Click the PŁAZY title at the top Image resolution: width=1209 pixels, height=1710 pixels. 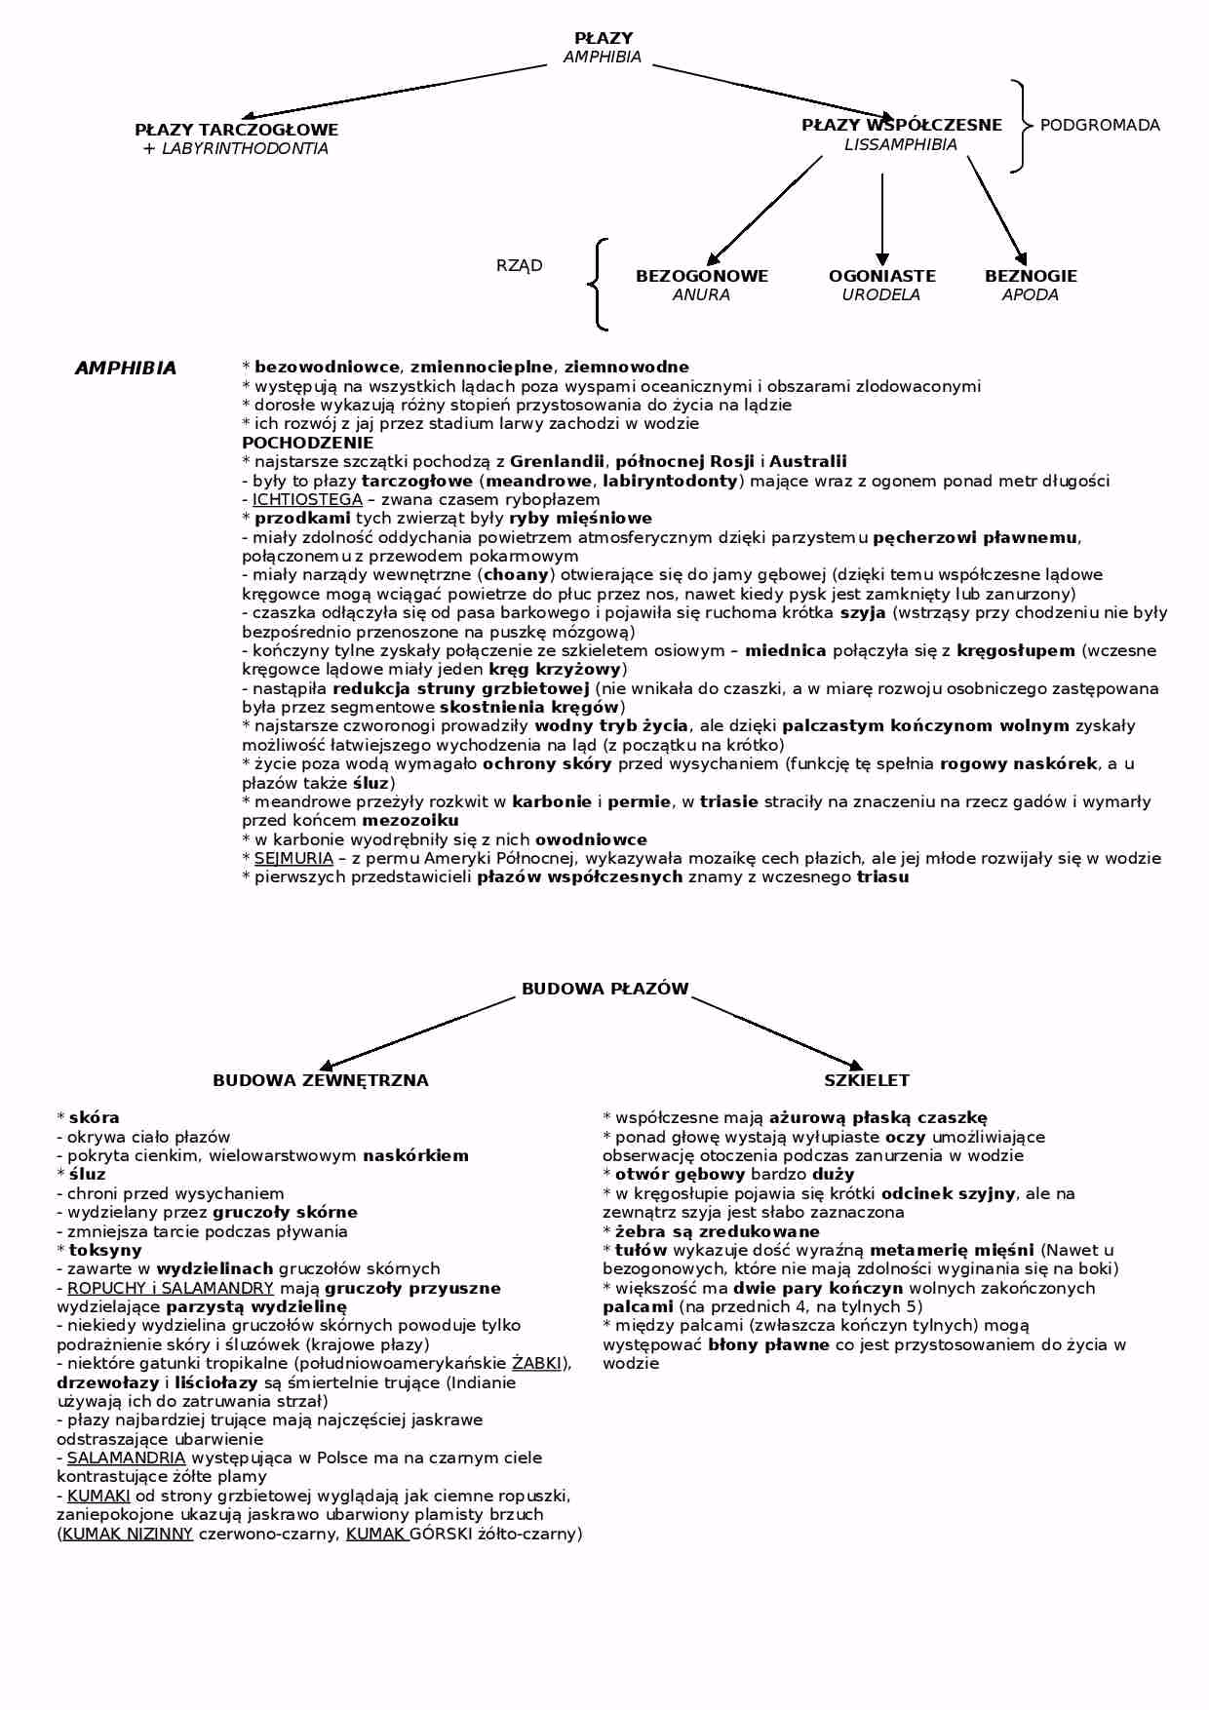pos(604,38)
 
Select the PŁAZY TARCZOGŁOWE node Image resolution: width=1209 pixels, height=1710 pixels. pos(236,130)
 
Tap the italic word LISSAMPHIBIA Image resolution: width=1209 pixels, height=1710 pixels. pos(900,145)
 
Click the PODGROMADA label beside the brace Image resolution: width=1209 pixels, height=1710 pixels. pos(1100,125)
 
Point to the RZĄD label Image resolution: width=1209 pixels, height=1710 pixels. pos(519,265)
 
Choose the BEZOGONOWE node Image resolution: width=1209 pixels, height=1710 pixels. pos(701,276)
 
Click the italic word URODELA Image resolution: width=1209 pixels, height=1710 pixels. pos(880,295)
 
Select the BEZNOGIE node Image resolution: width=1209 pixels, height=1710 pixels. pos(1031,276)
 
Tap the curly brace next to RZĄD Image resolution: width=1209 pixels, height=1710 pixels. pos(597,285)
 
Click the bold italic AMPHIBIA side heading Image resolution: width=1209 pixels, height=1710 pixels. pos(125,369)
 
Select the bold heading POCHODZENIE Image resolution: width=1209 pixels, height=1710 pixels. pos(293,443)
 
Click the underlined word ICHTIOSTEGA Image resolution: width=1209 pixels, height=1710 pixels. pos(307,499)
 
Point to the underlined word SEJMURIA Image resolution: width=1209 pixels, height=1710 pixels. pos(293,859)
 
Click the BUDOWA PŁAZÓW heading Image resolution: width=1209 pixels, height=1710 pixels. pos(604,989)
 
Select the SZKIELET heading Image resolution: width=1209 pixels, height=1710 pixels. pos(866,1080)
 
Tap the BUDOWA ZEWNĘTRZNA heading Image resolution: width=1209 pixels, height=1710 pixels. pos(320,1080)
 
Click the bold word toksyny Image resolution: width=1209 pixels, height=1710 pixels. pos(105,1250)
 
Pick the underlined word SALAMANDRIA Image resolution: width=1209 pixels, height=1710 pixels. pos(126,1457)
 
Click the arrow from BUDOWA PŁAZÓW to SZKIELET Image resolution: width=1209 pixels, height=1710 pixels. pos(777,1032)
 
